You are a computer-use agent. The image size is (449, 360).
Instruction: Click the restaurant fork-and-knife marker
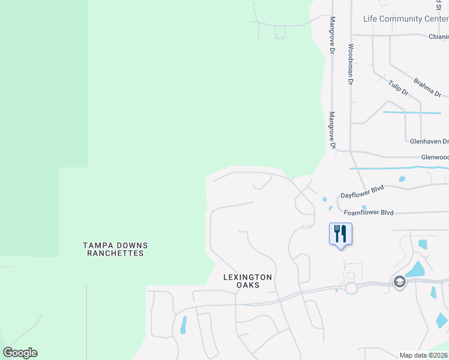click(x=340, y=233)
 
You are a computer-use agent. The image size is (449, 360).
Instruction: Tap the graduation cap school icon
click(x=399, y=282)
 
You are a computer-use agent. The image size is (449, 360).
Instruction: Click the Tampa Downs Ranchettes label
click(x=115, y=250)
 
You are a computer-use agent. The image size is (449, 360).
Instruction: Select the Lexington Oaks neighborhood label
click(x=248, y=281)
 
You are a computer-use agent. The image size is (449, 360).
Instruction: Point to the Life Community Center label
click(x=405, y=19)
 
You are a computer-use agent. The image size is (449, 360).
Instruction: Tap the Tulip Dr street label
click(x=398, y=88)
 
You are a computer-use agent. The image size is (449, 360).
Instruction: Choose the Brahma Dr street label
click(x=427, y=87)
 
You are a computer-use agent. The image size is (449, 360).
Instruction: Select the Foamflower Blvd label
click(x=369, y=212)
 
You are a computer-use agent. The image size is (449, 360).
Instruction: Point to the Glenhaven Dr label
click(x=429, y=142)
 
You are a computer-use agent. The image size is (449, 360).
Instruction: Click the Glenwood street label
click(x=435, y=157)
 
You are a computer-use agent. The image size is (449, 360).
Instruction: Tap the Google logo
click(x=20, y=353)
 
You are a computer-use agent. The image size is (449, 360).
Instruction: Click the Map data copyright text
click(x=423, y=355)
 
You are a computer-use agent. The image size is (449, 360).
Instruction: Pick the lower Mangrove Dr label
click(x=331, y=130)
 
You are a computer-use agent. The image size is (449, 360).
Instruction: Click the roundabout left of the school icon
click(x=351, y=288)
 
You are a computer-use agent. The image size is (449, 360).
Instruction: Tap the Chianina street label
click(x=438, y=36)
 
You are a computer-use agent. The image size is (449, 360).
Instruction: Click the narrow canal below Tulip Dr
click(x=412, y=112)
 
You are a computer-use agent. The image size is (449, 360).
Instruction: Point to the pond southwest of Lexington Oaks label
click(x=183, y=324)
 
